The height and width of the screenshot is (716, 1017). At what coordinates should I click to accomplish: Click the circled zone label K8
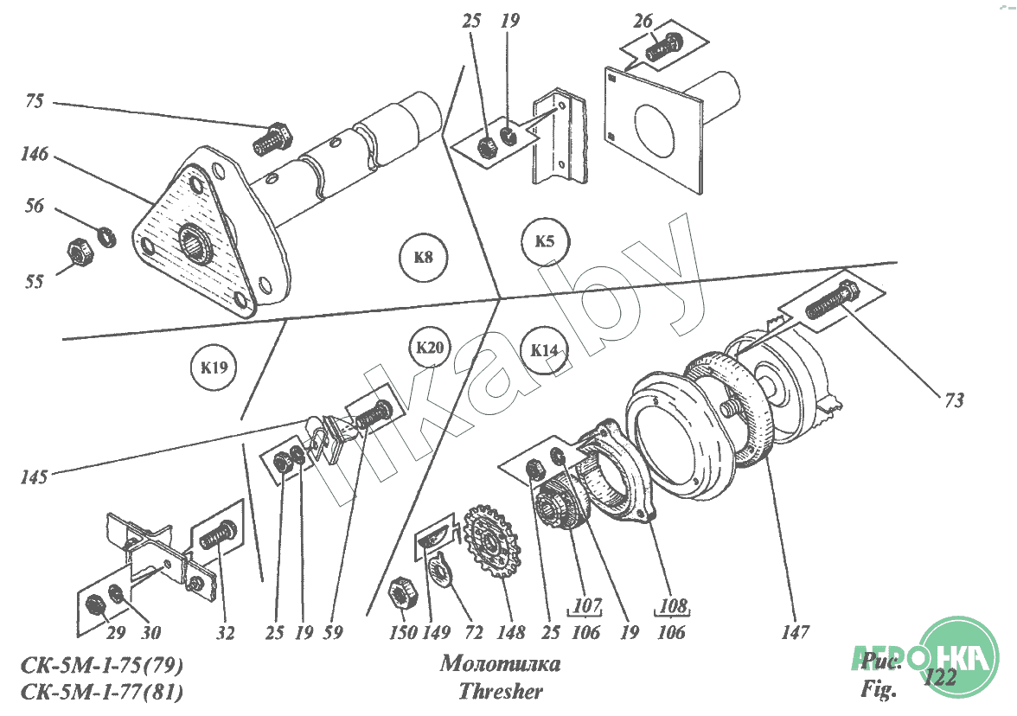coord(424,258)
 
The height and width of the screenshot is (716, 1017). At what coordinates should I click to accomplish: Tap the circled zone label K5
coord(545,241)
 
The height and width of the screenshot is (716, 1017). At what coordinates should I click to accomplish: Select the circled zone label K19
coord(214,368)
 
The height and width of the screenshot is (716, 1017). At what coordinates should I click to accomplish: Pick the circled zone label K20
coord(430,348)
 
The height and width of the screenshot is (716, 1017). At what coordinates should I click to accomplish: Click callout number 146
coord(35,154)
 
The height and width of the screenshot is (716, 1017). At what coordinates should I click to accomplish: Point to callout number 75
coord(35,101)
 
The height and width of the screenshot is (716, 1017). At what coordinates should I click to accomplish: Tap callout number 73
coord(954,400)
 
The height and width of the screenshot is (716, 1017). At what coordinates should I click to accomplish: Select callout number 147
coord(796,631)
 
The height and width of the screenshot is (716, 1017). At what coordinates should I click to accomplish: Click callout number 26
coord(643,22)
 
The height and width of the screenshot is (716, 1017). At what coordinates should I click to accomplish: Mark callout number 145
coord(34,477)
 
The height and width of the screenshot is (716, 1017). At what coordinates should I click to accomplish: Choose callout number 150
coord(403,632)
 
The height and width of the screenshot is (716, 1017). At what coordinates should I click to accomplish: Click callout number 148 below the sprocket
coord(511,632)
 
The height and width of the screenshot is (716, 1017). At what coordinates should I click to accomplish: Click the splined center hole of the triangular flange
coord(195,240)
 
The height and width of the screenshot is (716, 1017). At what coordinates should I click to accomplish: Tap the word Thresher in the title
coord(501,692)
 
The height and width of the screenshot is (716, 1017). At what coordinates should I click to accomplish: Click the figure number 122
coord(940,678)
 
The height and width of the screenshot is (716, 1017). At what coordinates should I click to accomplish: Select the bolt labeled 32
coord(218,534)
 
